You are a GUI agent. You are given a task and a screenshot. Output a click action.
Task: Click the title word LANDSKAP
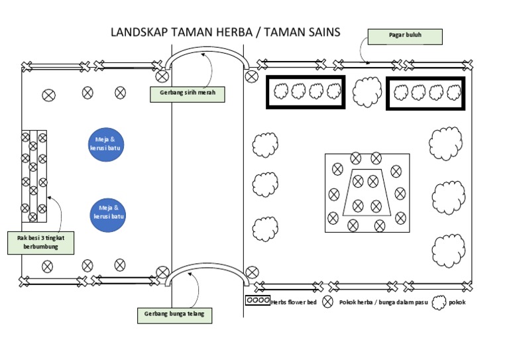coord(139,32)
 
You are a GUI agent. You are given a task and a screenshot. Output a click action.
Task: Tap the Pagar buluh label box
coord(404,36)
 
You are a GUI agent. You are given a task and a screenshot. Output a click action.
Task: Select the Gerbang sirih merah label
coord(188,95)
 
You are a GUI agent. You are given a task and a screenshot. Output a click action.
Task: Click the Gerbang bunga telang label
coord(175,315)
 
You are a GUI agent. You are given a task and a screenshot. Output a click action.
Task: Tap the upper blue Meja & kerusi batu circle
coord(106,144)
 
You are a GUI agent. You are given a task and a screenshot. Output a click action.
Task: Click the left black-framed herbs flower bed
coord(306,92)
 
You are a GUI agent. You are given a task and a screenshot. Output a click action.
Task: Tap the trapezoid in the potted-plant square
coord(367,194)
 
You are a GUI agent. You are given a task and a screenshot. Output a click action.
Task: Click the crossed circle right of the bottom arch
coord(251,272)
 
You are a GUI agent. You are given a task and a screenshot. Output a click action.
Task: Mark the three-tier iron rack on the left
coord(34,176)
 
